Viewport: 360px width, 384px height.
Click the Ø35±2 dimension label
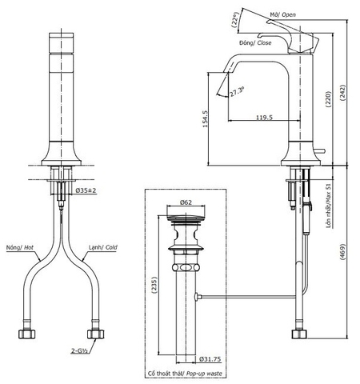[87, 190]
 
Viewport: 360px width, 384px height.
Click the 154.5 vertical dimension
[206, 120]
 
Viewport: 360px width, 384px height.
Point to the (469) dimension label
[344, 255]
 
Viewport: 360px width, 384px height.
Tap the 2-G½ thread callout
[81, 350]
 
